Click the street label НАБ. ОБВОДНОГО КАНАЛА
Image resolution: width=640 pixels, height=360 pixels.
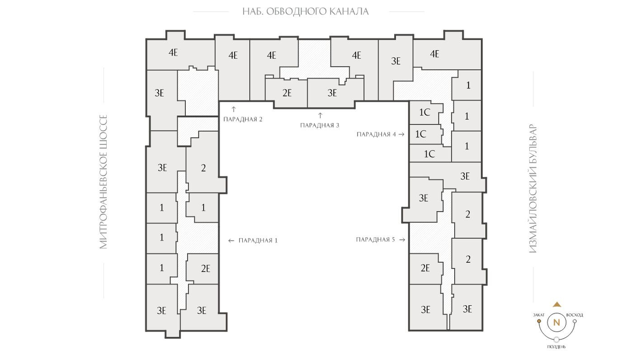pyautogui.click(x=306, y=11)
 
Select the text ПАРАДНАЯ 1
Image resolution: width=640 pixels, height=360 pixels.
pyautogui.click(x=258, y=241)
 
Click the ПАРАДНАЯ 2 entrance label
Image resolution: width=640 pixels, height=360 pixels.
pyautogui.click(x=243, y=119)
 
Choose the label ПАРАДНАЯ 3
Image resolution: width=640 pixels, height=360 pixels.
pyautogui.click(x=320, y=125)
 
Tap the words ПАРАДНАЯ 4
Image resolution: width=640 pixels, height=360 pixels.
pyautogui.click(x=376, y=134)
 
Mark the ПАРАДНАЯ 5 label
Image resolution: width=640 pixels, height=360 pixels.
pyautogui.click(x=375, y=240)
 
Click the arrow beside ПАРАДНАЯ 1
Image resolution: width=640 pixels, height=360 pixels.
pyautogui.click(x=231, y=241)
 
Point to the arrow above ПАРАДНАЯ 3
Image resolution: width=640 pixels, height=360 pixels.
pyautogui.click(x=320, y=115)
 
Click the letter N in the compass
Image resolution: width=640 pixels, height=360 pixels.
pyautogui.click(x=556, y=322)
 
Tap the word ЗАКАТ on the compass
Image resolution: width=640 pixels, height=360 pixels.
pyautogui.click(x=539, y=315)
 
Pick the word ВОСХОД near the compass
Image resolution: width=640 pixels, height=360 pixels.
pyautogui.click(x=574, y=315)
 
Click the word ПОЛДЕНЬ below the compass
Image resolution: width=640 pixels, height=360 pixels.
pyautogui.click(x=556, y=347)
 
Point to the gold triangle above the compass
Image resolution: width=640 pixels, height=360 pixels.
pyautogui.click(x=557, y=304)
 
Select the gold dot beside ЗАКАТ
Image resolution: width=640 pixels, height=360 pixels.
pyautogui.click(x=539, y=321)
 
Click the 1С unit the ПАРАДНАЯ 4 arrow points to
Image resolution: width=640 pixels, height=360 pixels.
pyautogui.click(x=421, y=134)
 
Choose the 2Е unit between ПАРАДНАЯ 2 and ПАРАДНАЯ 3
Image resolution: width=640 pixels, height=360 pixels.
pyautogui.click(x=287, y=93)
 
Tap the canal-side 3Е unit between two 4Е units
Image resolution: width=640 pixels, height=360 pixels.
pyautogui.click(x=395, y=61)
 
